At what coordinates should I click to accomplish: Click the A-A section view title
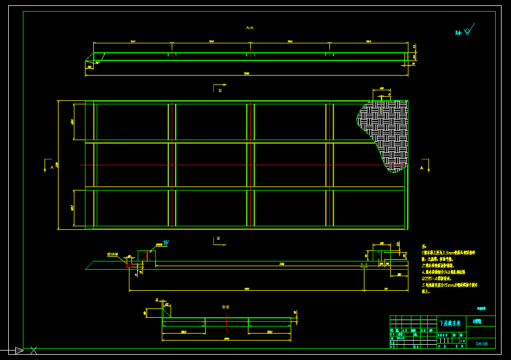tap(249, 28)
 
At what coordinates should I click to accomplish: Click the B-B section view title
tap(226, 307)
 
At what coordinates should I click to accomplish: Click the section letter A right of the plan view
tap(421, 168)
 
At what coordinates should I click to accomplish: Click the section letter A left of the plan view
tap(52, 167)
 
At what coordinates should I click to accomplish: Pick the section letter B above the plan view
tap(220, 91)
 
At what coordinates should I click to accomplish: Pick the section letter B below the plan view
tap(218, 238)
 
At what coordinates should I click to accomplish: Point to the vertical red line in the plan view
tap(331, 164)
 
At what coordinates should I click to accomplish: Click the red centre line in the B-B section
tap(226, 322)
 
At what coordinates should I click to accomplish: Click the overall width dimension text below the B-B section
tap(226, 339)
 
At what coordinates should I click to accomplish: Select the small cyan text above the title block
tap(481, 308)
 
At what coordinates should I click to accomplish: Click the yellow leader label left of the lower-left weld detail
tap(113, 254)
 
